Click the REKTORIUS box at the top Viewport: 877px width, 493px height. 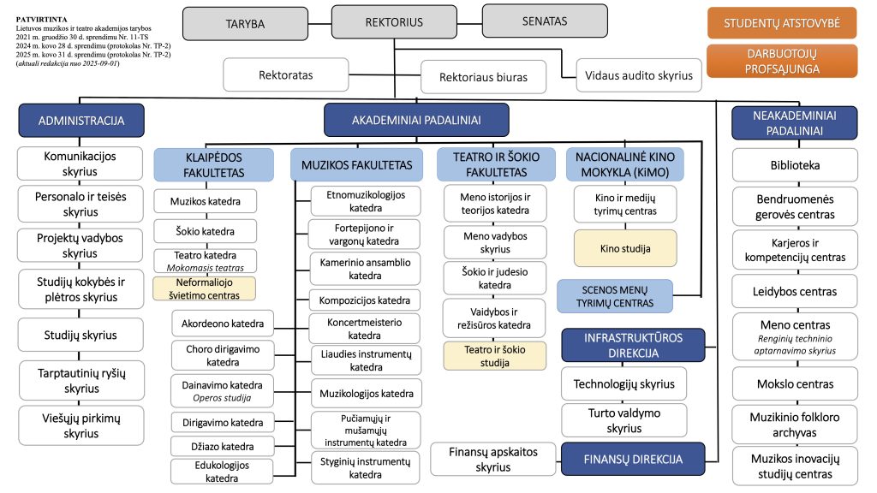pos(394,22)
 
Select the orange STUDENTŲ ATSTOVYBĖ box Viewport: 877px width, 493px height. pos(782,23)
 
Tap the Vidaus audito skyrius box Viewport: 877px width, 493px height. pos(639,75)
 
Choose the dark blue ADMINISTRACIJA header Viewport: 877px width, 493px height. pos(81,120)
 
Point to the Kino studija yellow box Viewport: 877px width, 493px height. pos(625,248)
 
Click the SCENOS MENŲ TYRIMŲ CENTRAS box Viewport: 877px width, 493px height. pos(615,296)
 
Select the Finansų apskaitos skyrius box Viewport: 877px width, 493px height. pos(492,459)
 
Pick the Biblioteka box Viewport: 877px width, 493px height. pos(795,165)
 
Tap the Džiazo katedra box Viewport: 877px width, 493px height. pos(223,446)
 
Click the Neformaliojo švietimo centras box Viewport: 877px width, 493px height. pos(204,288)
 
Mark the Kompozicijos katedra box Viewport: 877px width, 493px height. pos(365,300)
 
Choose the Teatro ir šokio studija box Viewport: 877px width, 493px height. pos(494,356)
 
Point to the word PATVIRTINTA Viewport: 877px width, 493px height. pos(41,20)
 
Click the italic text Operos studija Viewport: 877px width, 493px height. pos(222,398)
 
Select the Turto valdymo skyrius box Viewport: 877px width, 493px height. pos(623,420)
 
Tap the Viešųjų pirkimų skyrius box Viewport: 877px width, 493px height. pos(81,425)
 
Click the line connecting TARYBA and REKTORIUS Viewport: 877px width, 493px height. pos(319,23)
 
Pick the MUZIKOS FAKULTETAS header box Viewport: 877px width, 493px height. pos(357,165)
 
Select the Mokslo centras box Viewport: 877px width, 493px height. pos(795,384)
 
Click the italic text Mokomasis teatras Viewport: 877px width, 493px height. pos(206,268)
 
